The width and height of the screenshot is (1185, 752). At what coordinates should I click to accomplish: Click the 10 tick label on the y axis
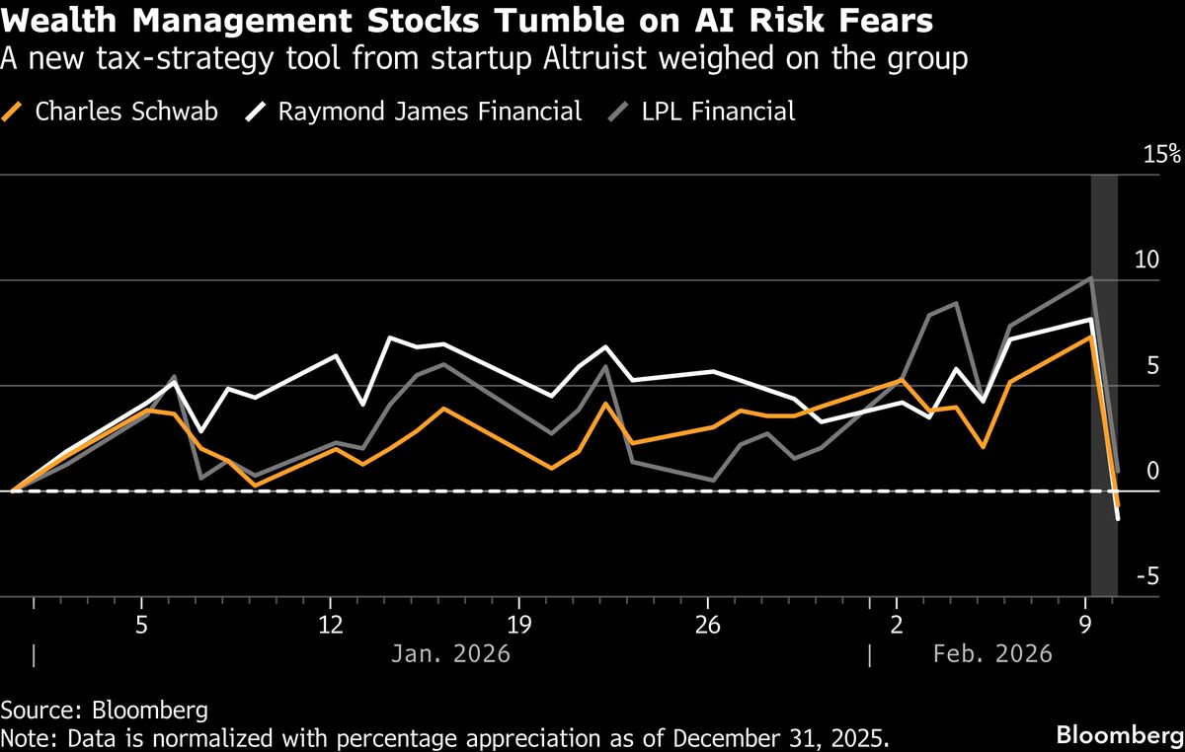click(x=1145, y=261)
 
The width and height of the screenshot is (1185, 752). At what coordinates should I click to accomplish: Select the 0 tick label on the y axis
click(x=1151, y=472)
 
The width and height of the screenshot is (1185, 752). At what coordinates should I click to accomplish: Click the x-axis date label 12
click(x=330, y=626)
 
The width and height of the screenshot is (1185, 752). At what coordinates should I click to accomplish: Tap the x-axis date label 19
click(x=519, y=626)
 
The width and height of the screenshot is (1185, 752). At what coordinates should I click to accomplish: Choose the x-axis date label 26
click(x=708, y=626)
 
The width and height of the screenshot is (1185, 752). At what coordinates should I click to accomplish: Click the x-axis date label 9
click(x=1086, y=626)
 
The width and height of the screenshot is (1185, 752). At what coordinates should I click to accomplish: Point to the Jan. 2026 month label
click(x=451, y=654)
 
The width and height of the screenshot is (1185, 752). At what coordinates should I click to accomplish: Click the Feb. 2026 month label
click(x=992, y=654)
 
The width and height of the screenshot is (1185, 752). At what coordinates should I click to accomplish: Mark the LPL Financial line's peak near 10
click(x=1090, y=278)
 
